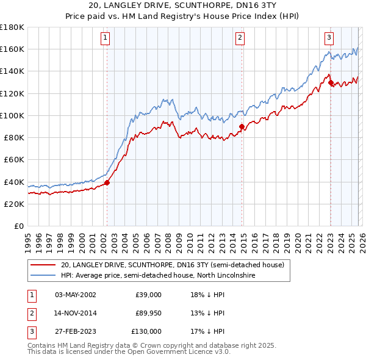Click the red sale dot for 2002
click(x=107, y=182)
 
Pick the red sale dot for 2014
click(x=242, y=126)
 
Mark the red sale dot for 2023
click(x=331, y=82)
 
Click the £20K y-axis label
click(x=14, y=204)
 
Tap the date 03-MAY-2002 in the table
click(x=76, y=295)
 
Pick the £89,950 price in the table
click(x=148, y=313)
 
